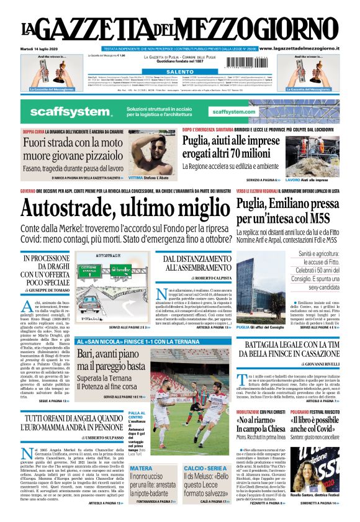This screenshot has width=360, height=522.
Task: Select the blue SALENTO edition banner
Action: click(179, 72)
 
